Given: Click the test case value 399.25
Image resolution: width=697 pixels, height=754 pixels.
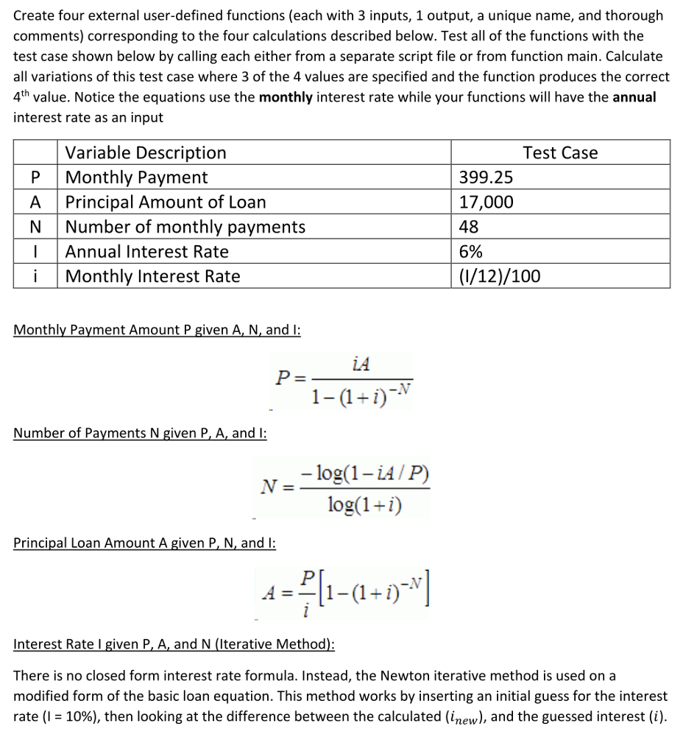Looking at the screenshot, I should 486,177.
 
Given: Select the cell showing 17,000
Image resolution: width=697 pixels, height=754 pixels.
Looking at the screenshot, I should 486,202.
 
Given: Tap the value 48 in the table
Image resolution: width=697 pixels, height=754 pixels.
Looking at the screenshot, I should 470,227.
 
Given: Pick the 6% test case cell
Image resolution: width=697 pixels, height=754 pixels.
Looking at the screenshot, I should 471,252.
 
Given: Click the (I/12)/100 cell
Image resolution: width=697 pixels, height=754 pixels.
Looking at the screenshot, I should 499,276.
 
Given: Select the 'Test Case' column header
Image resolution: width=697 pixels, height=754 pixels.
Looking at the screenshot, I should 560,153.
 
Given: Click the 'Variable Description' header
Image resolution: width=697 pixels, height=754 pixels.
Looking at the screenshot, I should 146,153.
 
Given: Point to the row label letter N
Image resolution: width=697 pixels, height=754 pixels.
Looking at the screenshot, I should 35,227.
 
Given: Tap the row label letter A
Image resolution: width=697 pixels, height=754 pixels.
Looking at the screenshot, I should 35,202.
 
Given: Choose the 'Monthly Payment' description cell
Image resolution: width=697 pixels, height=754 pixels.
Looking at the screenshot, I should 137,177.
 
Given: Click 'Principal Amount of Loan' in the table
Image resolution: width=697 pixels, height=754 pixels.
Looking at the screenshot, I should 166,202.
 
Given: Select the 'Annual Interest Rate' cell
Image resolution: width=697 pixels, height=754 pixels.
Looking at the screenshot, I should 147,252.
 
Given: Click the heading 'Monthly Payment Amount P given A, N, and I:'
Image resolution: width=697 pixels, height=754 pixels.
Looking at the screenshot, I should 157,330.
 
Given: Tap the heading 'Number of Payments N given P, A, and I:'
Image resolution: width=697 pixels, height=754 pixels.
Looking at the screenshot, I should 140,433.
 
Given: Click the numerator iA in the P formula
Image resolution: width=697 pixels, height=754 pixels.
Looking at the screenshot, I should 361,364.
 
